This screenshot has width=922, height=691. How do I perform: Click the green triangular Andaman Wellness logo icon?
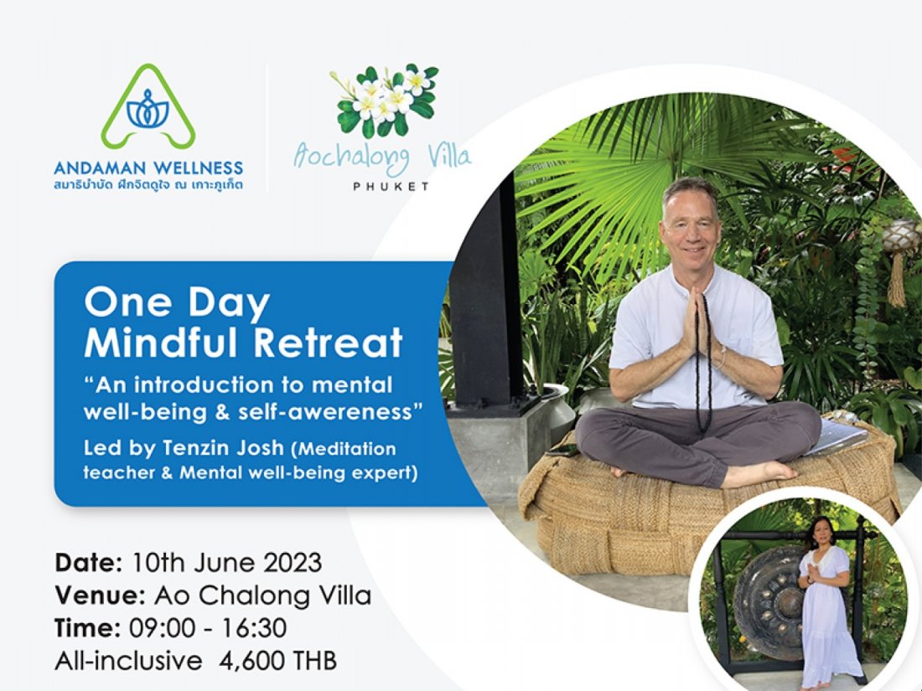[x=148, y=107]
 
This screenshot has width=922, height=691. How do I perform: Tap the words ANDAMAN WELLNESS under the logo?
[x=148, y=168]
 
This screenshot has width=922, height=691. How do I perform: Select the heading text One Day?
[x=176, y=303]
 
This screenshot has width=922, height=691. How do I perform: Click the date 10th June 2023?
[x=226, y=562]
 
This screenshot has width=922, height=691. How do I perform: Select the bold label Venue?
[x=101, y=596]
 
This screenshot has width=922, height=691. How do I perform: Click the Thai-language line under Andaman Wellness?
[x=148, y=184]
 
